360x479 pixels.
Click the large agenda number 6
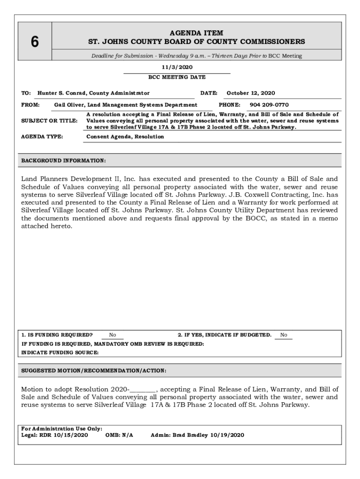pyautogui.click(x=35, y=42)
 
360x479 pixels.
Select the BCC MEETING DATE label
pyautogui.click(x=177, y=77)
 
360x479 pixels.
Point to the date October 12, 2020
pyautogui.click(x=251, y=93)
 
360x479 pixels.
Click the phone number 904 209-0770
pyautogui.click(x=269, y=105)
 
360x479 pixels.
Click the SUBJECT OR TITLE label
pyautogui.click(x=50, y=121)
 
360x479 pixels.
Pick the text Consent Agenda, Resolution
pyautogui.click(x=125, y=137)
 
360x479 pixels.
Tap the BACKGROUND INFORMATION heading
pyautogui.click(x=64, y=160)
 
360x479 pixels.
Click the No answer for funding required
pyautogui.click(x=113, y=335)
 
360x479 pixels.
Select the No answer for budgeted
pyautogui.click(x=283, y=335)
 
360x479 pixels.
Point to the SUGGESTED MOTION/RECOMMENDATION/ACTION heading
pyautogui.click(x=94, y=371)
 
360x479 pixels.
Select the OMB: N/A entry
pyautogui.click(x=119, y=435)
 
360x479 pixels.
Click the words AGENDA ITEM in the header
pyautogui.click(x=196, y=33)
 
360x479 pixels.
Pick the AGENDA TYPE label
pyautogui.click(x=43, y=137)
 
